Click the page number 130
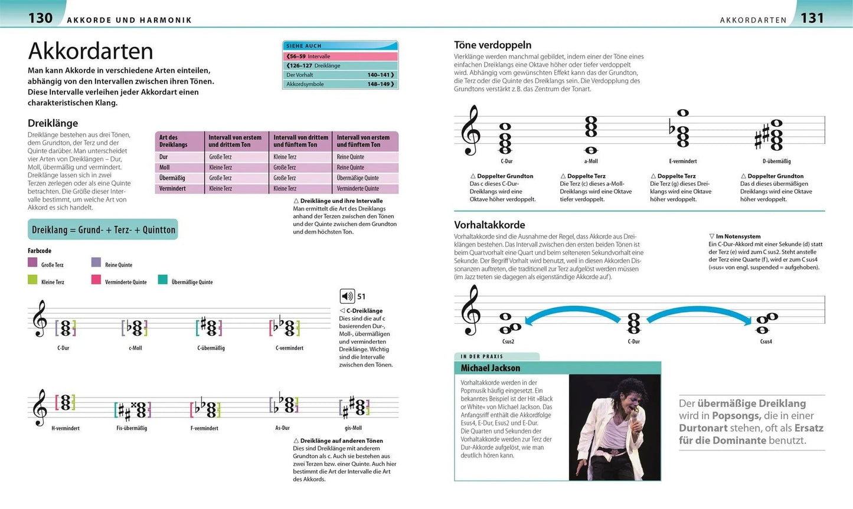[x=41, y=18]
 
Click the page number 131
[x=812, y=18]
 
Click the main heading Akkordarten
[x=90, y=51]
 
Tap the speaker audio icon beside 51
[x=347, y=296]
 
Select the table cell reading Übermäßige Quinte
[x=358, y=178]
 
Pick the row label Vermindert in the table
[x=172, y=189]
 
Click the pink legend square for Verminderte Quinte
[x=96, y=280]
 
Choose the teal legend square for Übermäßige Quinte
[x=162, y=280]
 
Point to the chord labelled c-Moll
[x=136, y=328]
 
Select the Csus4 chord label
[x=766, y=341]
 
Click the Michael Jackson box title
[x=491, y=368]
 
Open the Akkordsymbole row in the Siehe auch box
[x=340, y=84]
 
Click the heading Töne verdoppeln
[x=492, y=45]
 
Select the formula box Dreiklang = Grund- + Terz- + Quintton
[x=103, y=230]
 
